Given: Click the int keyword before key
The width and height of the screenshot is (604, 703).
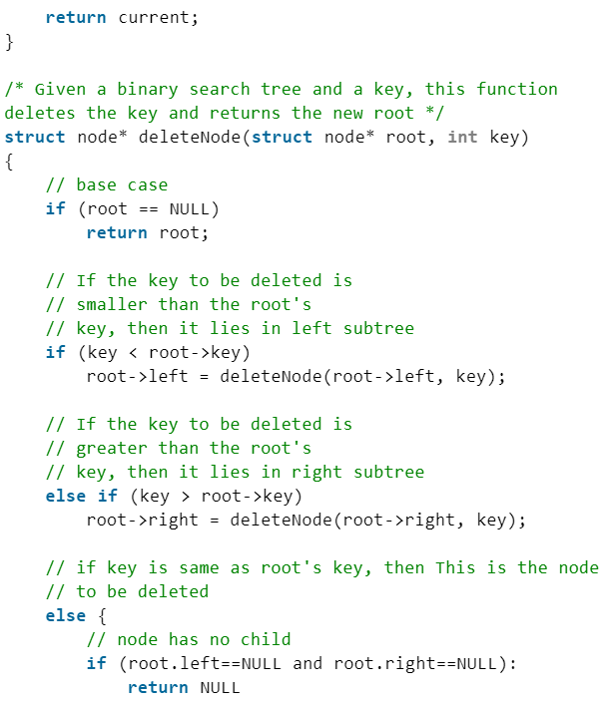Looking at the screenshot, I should click(462, 137).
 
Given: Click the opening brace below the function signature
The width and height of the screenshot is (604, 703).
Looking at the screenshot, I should click(9, 161).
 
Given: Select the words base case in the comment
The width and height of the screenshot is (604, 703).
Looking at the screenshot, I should click(122, 184).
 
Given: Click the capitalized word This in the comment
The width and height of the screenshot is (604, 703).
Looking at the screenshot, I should click(455, 567).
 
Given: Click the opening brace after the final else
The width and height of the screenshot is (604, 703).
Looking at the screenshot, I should click(102, 615).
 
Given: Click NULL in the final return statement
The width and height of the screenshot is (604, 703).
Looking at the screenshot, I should click(220, 687).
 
